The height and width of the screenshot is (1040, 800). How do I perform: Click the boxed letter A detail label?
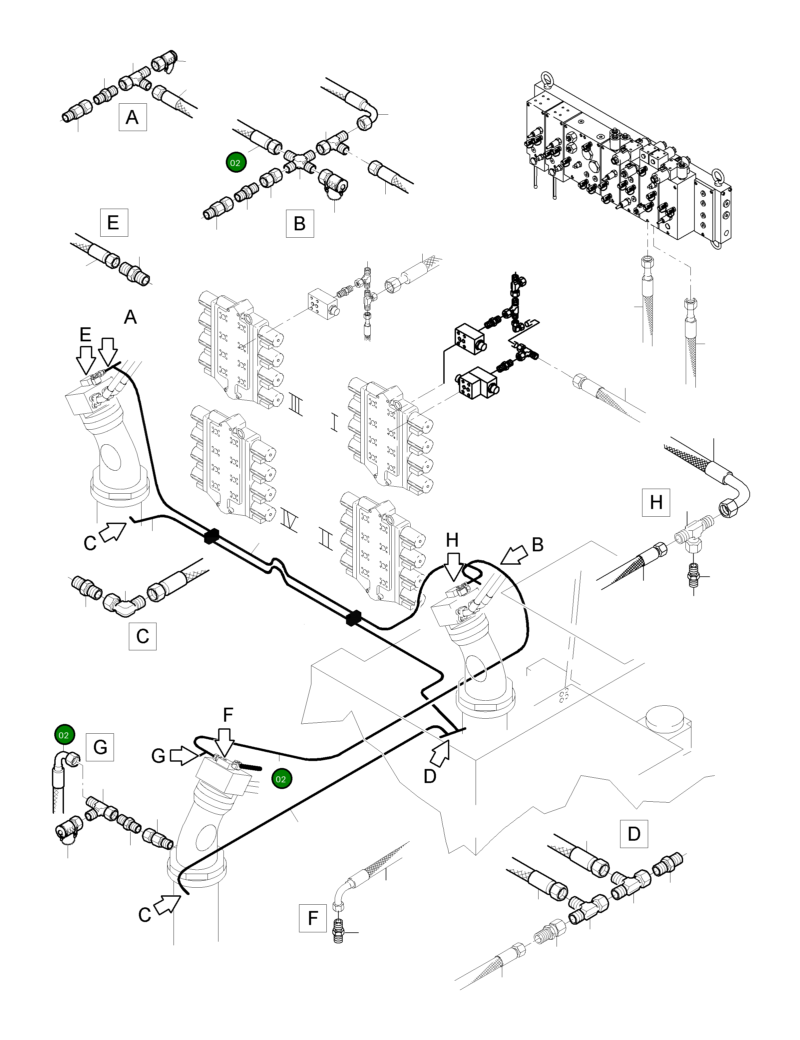click(x=132, y=117)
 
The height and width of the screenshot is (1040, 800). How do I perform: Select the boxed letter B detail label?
click(x=299, y=223)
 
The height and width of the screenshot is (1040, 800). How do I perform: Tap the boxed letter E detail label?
click(x=114, y=222)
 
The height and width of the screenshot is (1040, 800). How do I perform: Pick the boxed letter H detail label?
click(x=656, y=502)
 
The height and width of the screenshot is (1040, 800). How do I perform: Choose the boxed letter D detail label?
click(x=633, y=834)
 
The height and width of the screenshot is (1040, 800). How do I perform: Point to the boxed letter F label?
click(x=312, y=918)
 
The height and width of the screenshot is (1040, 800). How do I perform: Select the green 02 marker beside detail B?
click(x=235, y=162)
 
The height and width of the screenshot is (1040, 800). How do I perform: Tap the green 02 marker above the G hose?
click(x=64, y=735)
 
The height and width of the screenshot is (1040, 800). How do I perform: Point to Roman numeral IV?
click(x=289, y=521)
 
